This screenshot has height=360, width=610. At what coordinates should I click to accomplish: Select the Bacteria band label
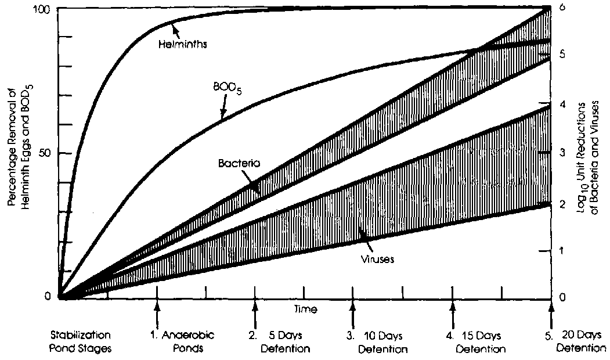238,164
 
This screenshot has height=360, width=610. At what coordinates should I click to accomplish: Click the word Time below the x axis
305,309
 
